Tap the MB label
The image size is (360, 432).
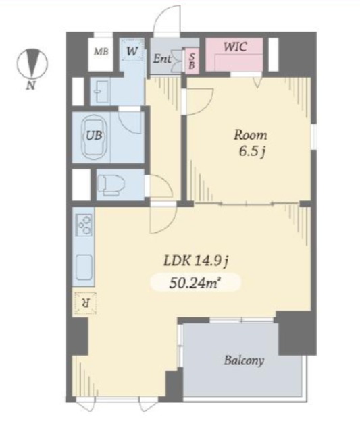click(x=101, y=51)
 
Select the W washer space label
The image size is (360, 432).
click(x=132, y=51)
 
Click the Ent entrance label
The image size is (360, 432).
click(x=162, y=59)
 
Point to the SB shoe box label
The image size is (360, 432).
click(x=192, y=61)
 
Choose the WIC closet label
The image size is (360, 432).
click(x=235, y=47)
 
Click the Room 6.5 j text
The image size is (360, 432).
click(x=251, y=143)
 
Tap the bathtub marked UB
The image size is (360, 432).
click(x=95, y=136)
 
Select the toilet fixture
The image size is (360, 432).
click(x=111, y=185)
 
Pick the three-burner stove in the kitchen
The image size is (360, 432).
click(x=84, y=224)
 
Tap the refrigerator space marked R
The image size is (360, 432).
click(x=86, y=303)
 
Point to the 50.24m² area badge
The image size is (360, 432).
click(x=195, y=283)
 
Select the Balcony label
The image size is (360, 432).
click(x=245, y=360)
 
